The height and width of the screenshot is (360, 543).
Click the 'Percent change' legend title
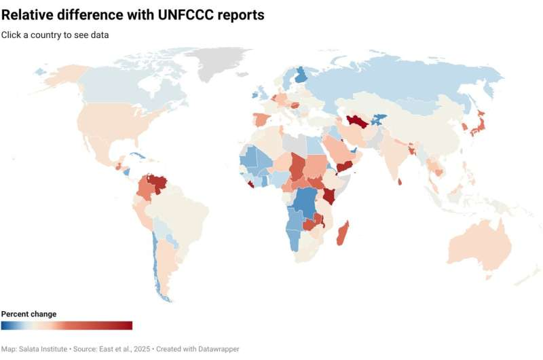point(29,314)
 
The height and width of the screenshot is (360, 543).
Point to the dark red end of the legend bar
point(128,325)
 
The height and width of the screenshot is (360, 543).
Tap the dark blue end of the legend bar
point(5,325)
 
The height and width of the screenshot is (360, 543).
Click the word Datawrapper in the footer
point(219,348)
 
